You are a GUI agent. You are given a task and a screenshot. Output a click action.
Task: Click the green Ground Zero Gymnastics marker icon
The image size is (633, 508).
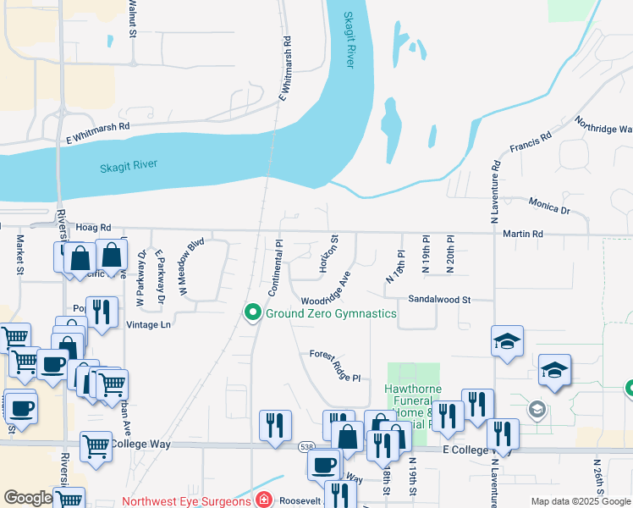click(x=251, y=313)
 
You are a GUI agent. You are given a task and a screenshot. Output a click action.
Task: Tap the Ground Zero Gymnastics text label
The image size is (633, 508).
click(x=331, y=313)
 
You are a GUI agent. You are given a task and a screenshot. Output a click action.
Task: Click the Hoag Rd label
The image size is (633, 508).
click(x=93, y=228)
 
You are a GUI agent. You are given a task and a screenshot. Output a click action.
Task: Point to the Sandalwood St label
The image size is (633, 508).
click(x=438, y=299)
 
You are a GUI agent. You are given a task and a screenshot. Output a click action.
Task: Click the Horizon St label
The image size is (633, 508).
click(x=328, y=254)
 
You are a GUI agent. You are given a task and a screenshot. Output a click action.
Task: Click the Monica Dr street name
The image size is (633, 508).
click(x=548, y=205)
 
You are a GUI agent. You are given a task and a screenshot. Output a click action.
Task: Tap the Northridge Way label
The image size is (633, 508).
click(x=603, y=125)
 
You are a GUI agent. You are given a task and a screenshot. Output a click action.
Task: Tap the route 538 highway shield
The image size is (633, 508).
click(x=306, y=445)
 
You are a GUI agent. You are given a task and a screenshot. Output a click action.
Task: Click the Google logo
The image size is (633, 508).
click(x=28, y=498)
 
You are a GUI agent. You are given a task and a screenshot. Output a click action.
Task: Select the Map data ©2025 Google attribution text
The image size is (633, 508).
click(x=581, y=501)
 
